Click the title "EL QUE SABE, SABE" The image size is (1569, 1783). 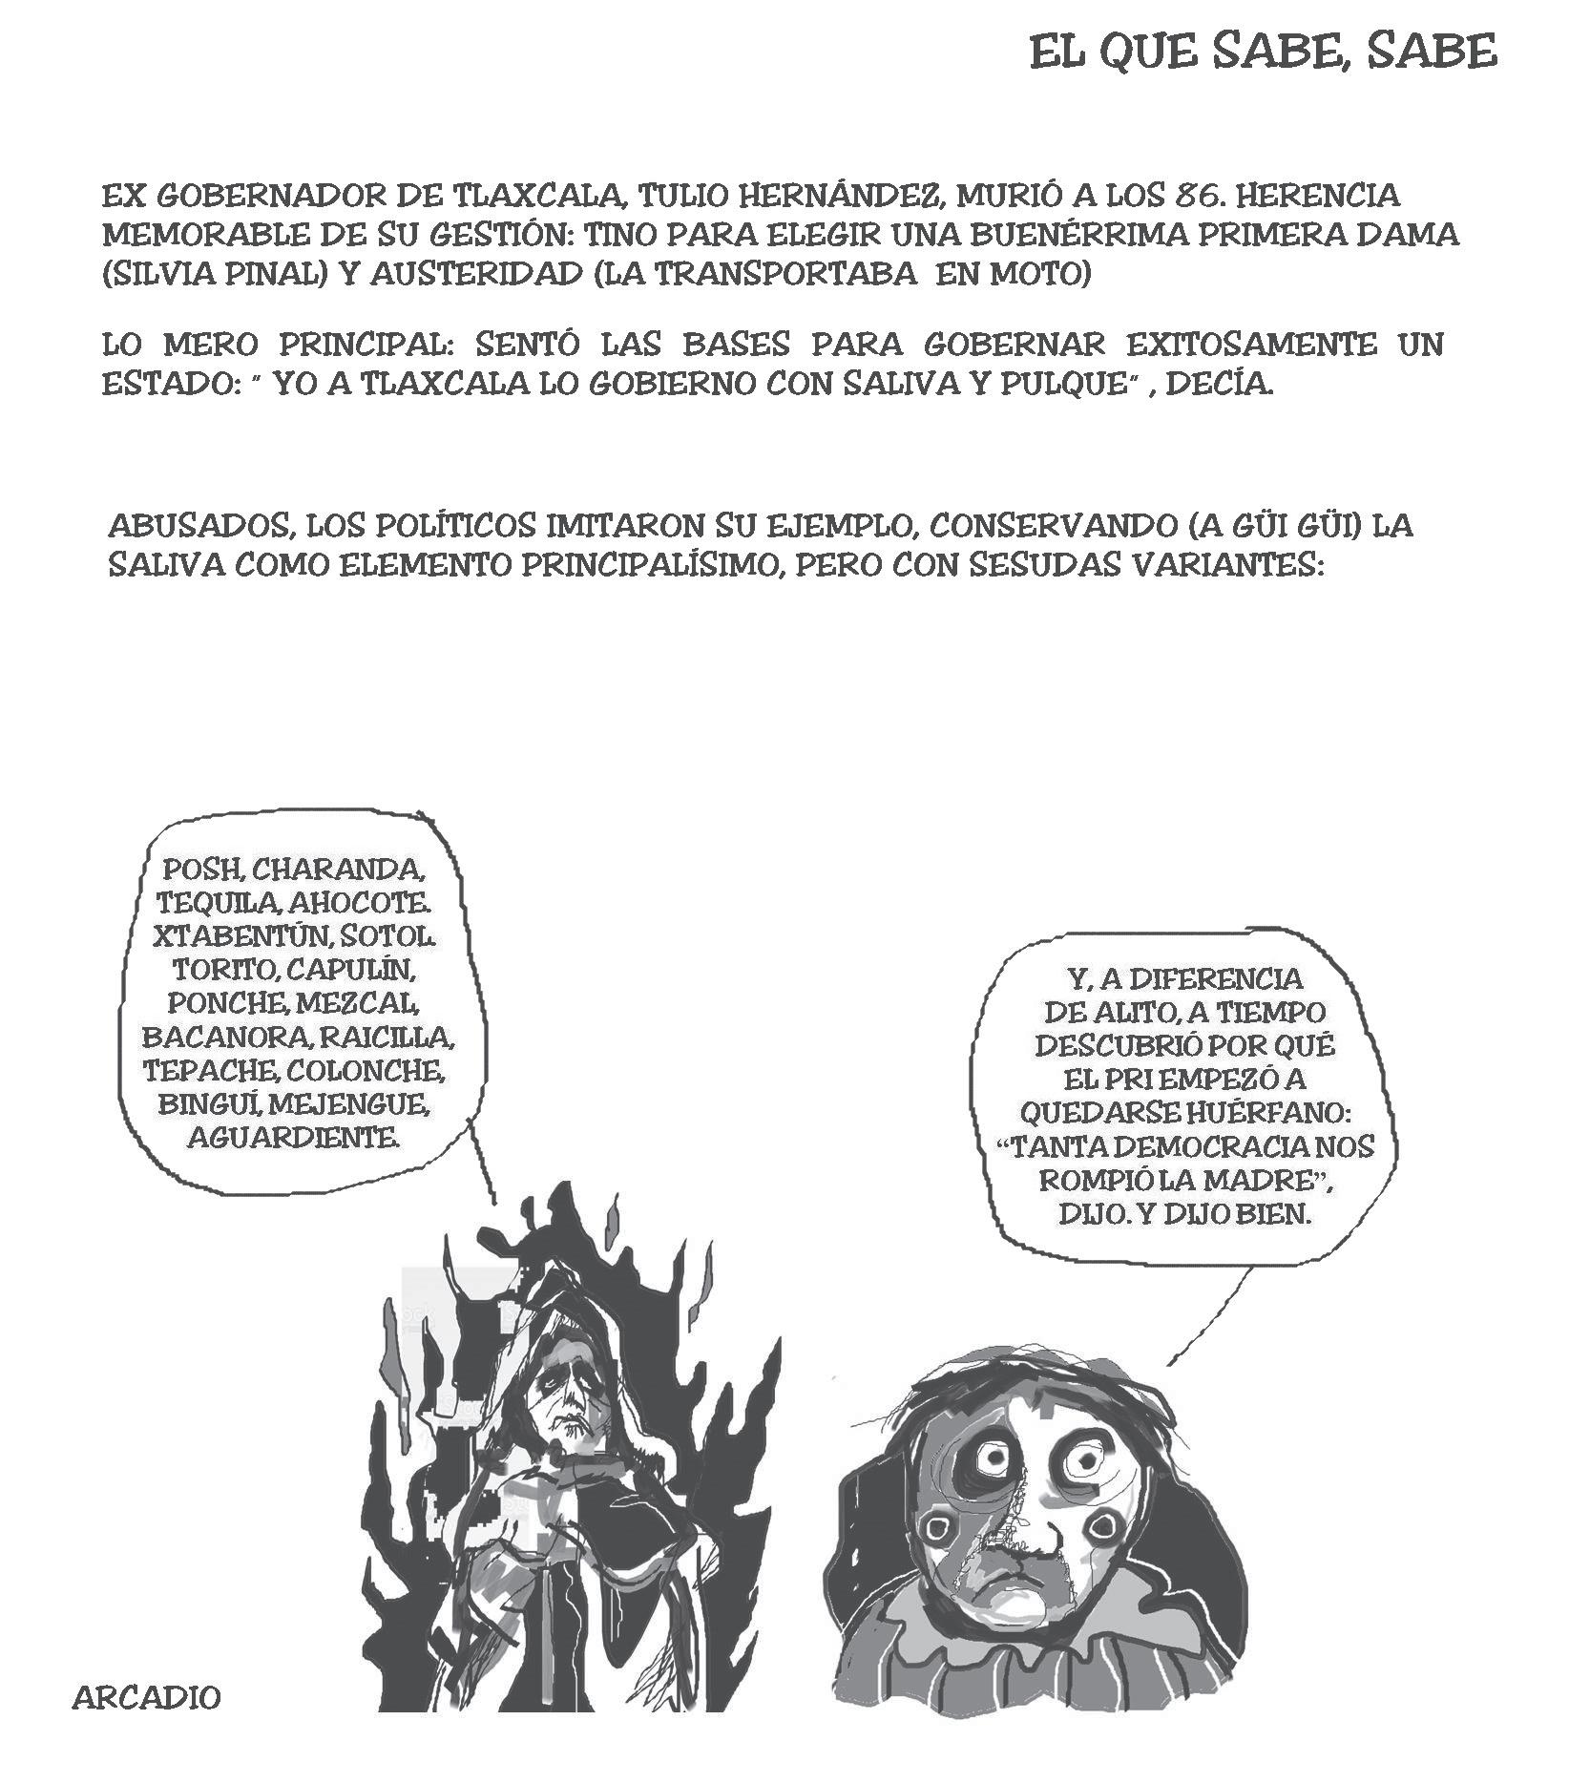point(1263,52)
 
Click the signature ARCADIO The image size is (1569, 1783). point(147,1698)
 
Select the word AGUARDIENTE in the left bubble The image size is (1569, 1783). point(293,1137)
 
